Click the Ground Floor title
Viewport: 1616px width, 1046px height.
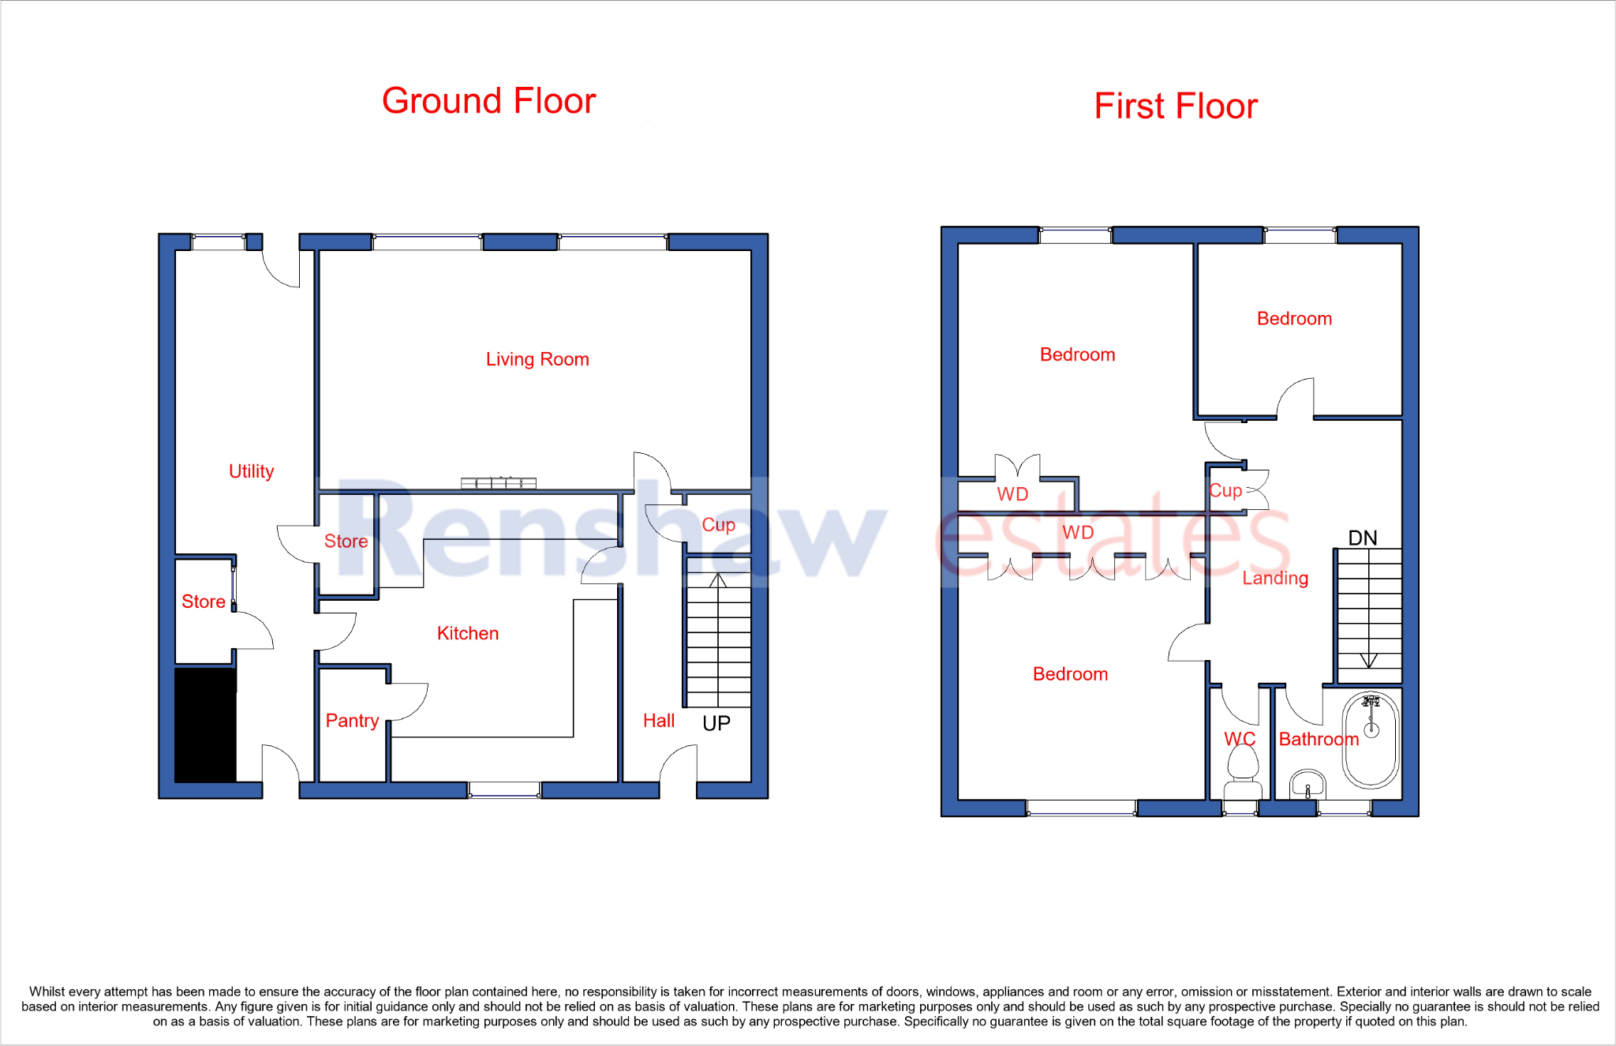click(x=488, y=101)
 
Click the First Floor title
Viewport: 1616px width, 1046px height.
click(x=1175, y=106)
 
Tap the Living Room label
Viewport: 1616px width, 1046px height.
click(x=537, y=359)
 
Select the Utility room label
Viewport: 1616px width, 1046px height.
click(x=251, y=471)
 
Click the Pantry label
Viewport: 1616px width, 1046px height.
click(x=352, y=720)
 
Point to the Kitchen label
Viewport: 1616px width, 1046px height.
click(x=467, y=633)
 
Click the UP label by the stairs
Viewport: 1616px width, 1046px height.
click(x=716, y=723)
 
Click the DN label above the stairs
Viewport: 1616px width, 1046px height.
click(x=1362, y=538)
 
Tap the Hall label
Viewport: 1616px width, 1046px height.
click(x=658, y=720)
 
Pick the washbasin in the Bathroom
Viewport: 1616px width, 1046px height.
click(x=1307, y=785)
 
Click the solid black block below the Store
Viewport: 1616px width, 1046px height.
click(x=205, y=725)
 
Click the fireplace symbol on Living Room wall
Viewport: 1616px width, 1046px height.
click(x=499, y=483)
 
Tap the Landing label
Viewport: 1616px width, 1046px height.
click(x=1274, y=578)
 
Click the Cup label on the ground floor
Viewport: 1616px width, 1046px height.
click(x=718, y=524)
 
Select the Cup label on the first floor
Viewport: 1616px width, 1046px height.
click(x=1225, y=490)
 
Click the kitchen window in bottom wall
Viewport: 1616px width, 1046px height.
click(x=504, y=789)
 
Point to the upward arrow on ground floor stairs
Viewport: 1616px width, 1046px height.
click(x=717, y=581)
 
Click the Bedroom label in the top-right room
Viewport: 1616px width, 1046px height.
click(x=1294, y=318)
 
